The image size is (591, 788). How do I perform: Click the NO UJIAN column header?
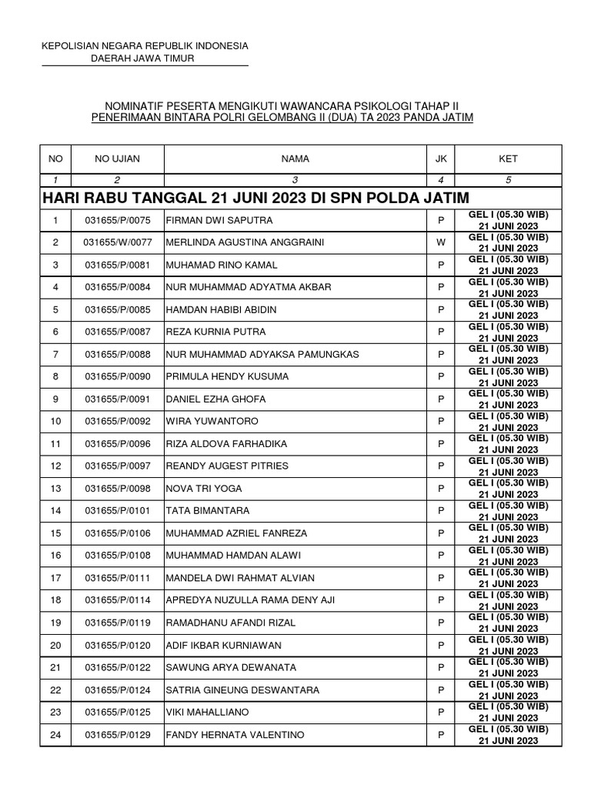[118, 159]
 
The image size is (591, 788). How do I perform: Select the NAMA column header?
[295, 159]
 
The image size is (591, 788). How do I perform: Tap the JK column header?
[441, 159]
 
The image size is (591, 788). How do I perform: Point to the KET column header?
[508, 159]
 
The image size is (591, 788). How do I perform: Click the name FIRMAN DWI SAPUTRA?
[219, 221]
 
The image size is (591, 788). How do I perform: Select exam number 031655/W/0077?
[118, 243]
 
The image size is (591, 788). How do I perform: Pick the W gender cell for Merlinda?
[441, 243]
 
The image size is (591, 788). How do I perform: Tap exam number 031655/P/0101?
[118, 511]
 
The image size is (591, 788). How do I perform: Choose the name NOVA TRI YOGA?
[203, 489]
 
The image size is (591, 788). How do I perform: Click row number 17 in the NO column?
[55, 578]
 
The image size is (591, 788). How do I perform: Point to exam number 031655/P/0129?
[118, 735]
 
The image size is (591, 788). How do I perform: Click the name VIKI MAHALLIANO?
[208, 713]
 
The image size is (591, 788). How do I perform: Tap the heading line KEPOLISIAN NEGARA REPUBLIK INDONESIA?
[145, 46]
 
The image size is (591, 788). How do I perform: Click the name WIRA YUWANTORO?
[212, 422]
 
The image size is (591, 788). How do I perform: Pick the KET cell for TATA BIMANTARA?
[508, 511]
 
